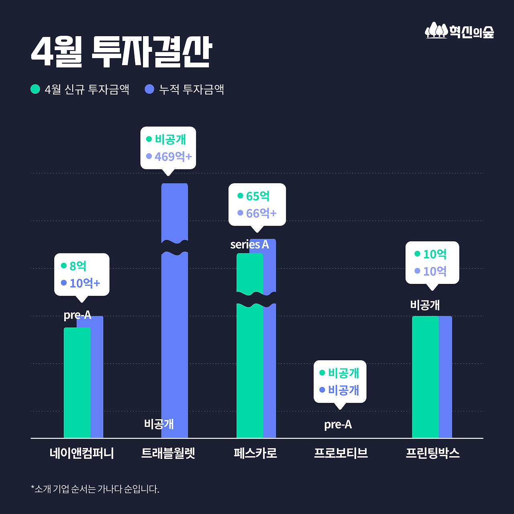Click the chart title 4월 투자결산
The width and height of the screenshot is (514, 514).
121,52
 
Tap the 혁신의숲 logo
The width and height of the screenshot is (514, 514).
459,31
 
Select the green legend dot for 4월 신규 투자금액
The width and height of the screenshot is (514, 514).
35,89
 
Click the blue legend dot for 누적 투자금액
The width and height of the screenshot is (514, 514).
149,89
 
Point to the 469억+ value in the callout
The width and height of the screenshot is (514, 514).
173,157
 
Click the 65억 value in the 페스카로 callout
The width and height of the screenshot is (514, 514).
258,196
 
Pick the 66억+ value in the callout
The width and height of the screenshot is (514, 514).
261,213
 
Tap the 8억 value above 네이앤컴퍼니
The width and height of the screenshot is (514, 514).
78,266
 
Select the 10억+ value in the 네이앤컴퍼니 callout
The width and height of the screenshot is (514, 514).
85,283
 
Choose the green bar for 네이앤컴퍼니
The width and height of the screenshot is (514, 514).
77,381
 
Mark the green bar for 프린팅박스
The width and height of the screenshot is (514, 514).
425,377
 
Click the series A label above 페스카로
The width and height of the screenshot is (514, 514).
249,245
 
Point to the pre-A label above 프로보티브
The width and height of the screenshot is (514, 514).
338,424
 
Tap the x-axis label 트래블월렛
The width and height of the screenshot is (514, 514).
168,453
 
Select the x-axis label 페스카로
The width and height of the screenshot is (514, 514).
255,453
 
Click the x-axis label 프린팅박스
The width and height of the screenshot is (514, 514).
432,453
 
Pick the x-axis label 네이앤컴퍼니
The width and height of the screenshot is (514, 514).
82,453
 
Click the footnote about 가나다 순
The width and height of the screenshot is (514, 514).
95,489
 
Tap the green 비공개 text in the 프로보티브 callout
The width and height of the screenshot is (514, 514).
343,373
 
